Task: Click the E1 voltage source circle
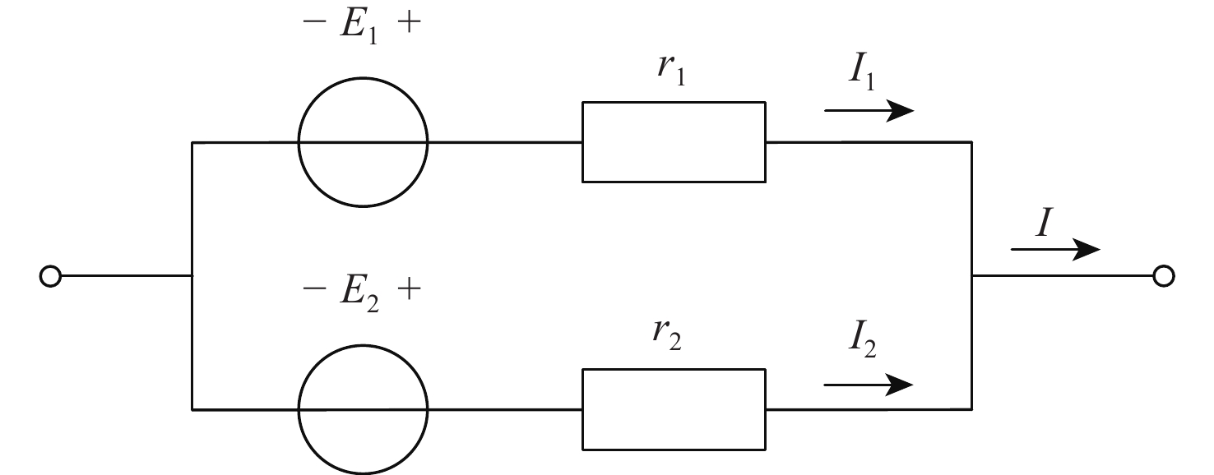coord(363,142)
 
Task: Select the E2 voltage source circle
coord(363,408)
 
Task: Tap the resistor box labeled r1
coord(674,141)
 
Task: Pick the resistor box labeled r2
coord(674,408)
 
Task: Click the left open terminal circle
coord(50,277)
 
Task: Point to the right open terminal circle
coord(1163,277)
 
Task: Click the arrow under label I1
coord(869,111)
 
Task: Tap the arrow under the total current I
coord(1055,250)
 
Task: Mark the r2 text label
coord(672,337)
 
